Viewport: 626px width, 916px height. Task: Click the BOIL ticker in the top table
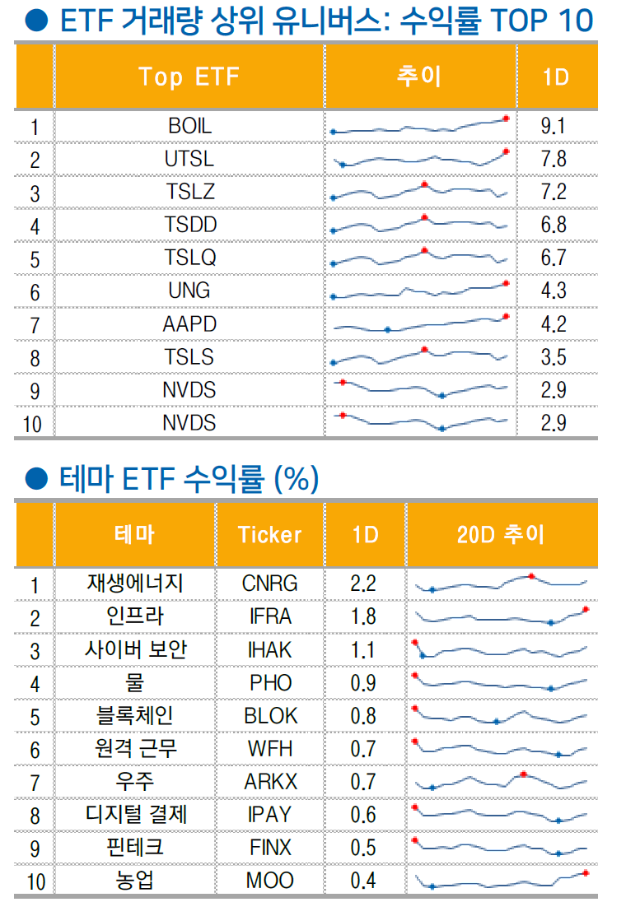pos(189,126)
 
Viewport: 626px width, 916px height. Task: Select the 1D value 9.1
pos(554,126)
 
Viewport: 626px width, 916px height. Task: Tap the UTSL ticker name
pos(189,159)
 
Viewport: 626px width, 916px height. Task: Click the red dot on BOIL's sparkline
pos(506,119)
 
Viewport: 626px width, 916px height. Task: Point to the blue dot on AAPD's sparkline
pos(388,329)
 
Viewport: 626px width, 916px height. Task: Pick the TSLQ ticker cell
pos(189,258)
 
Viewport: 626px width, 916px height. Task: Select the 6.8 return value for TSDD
pos(554,225)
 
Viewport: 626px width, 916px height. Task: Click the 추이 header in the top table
pos(419,77)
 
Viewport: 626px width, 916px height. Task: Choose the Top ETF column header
pos(189,77)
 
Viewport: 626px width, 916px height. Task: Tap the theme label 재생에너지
pos(135,584)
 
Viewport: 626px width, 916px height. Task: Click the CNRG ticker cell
pos(269,584)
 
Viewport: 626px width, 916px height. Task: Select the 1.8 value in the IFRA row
pos(363,616)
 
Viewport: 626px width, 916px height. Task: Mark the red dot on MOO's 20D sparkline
pos(585,872)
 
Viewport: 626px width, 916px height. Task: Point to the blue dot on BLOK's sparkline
pos(496,722)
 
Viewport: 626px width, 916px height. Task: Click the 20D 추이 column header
pos(501,535)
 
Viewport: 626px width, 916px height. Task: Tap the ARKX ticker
pos(270,782)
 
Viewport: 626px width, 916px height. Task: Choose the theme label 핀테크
pos(135,848)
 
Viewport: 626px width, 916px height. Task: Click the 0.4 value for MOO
pos(363,881)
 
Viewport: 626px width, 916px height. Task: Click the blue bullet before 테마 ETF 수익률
pos(34,477)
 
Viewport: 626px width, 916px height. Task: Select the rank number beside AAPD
pos(35,324)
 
